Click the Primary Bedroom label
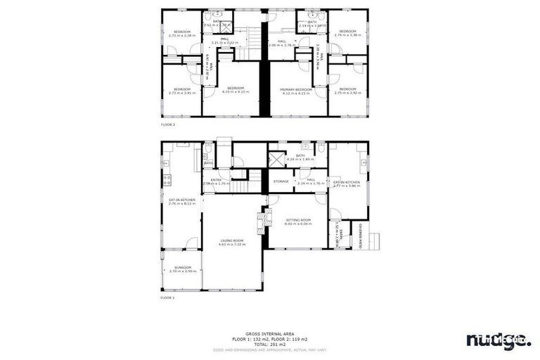295,90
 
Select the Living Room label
233,241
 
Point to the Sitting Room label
298,220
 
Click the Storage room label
281,181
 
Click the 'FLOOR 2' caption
168,124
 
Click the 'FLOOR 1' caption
167,298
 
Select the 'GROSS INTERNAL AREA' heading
270,333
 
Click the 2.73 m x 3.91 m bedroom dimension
182,93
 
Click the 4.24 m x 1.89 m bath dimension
300,160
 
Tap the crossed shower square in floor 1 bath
277,158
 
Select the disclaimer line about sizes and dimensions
270,349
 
